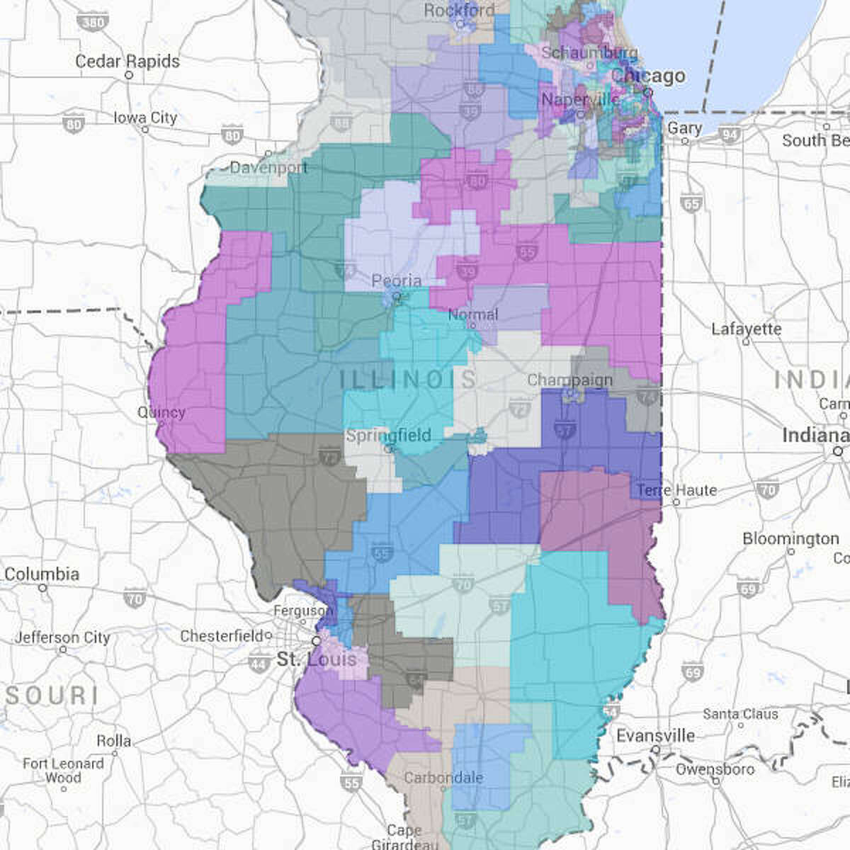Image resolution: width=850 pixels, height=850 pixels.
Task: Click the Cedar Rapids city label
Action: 127,61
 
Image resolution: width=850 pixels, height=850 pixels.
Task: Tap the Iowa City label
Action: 145,118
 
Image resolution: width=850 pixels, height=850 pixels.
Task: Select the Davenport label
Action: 268,168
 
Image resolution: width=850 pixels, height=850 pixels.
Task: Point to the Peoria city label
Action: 397,281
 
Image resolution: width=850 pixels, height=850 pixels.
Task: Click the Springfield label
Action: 388,435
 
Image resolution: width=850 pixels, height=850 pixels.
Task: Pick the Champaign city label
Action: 569,380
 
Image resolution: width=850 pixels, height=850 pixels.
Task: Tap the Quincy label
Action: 161,412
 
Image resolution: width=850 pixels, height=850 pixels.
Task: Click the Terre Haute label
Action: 676,490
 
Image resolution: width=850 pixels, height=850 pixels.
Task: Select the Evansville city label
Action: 655,735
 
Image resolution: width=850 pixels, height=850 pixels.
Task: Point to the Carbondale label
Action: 443,778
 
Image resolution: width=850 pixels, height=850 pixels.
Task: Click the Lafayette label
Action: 747,329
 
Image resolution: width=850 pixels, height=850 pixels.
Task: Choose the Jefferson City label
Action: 63,637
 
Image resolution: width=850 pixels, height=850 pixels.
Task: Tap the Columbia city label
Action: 42,574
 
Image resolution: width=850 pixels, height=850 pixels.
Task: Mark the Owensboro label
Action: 715,769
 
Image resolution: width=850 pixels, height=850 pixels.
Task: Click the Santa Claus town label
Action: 740,714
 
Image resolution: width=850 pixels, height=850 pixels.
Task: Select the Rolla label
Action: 114,741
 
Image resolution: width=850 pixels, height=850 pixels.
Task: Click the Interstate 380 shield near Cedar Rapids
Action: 92,23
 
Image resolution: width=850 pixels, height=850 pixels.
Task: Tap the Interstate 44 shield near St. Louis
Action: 259,664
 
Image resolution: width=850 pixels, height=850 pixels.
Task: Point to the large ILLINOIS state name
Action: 407,379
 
